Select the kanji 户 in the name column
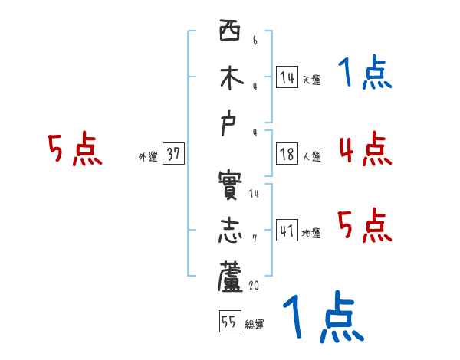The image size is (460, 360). (x=229, y=125)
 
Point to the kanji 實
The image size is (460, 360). (x=229, y=189)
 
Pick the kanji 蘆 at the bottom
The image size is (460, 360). (x=229, y=277)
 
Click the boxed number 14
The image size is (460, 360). (x=287, y=77)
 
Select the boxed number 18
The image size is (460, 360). (x=287, y=154)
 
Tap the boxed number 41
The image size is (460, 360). (x=287, y=231)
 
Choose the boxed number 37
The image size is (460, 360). (x=173, y=154)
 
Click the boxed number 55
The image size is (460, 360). (x=228, y=322)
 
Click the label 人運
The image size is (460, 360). (x=311, y=157)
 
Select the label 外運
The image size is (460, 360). (x=148, y=157)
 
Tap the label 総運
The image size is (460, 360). (x=255, y=325)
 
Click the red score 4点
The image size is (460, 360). (x=365, y=149)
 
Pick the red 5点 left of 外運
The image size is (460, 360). (x=74, y=149)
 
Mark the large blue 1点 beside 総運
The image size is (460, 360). (x=323, y=317)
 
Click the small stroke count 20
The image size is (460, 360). (x=255, y=285)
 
